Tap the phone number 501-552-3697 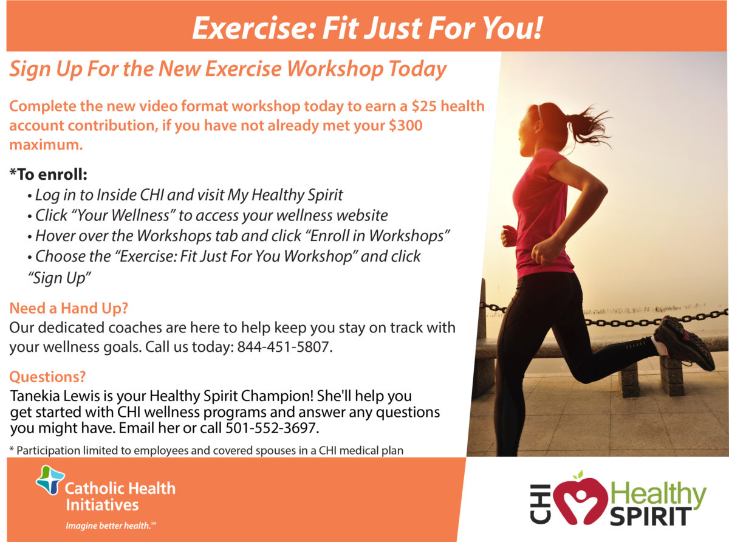coord(272,428)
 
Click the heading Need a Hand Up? coord(69,308)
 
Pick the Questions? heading coord(47,377)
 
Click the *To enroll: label coord(49,175)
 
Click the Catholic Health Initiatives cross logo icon coord(50,481)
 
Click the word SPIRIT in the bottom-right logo coord(648,515)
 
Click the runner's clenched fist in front coord(509,236)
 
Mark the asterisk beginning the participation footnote coord(12,450)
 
